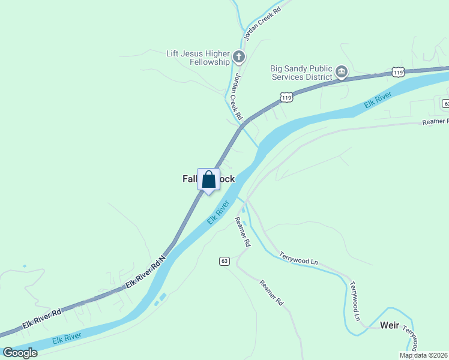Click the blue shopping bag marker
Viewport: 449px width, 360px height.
208,180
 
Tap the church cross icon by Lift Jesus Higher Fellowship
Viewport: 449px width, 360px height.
239,58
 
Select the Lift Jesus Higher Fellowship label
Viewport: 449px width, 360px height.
198,58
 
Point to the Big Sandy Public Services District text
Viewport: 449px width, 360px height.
301,73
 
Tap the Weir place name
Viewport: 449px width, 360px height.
390,325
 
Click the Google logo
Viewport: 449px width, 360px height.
20,353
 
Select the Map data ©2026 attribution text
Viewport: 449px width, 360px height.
423,355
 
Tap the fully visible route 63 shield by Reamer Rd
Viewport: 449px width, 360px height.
224,261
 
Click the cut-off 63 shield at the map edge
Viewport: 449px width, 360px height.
445,103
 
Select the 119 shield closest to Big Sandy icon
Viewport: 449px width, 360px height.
397,72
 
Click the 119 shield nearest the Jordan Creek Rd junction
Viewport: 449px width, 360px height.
286,96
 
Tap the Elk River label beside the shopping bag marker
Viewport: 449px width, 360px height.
219,212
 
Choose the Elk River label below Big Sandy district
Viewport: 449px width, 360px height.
378,101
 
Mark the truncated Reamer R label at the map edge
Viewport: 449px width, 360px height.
436,122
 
